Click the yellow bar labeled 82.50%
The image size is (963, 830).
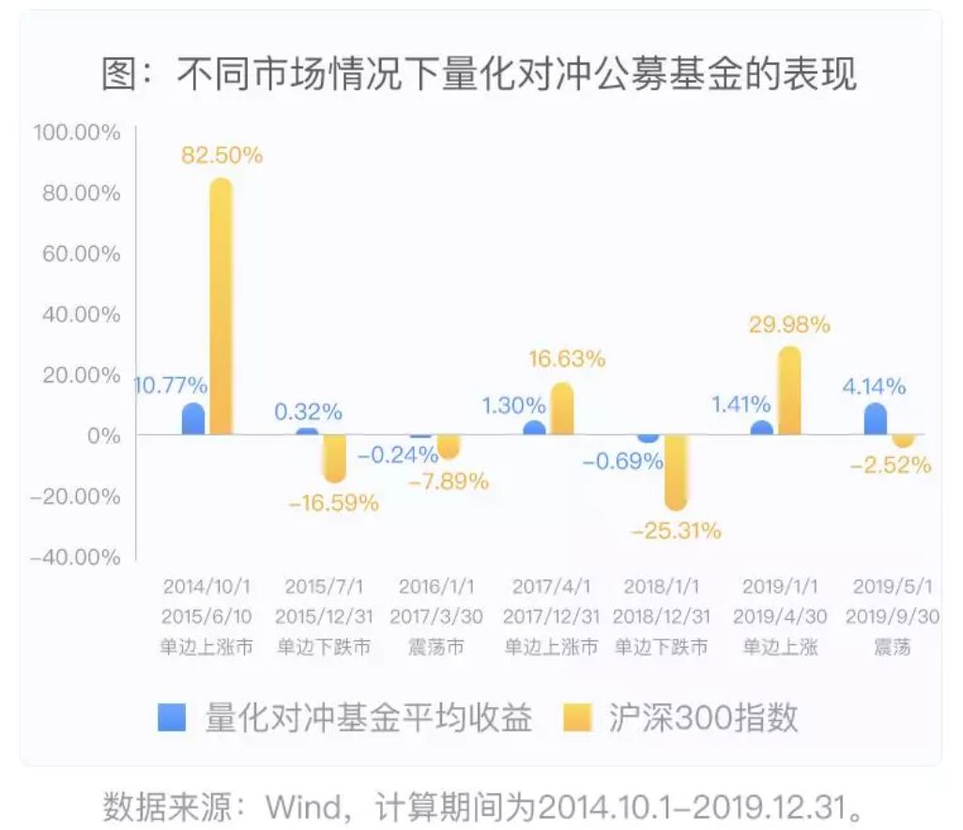pyautogui.click(x=221, y=307)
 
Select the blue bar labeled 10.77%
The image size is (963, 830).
pyautogui.click(x=192, y=419)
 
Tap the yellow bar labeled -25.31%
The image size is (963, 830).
pyautogui.click(x=675, y=472)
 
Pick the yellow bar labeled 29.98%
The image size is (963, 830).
pyautogui.click(x=789, y=391)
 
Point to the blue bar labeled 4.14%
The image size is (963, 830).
pyautogui.click(x=875, y=420)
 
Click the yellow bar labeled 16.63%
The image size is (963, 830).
pyautogui.click(x=561, y=409)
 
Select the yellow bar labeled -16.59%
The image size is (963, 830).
pyautogui.click(x=334, y=458)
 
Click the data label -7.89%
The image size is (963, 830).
pyautogui.click(x=449, y=482)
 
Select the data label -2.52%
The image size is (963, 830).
pyautogui.click(x=892, y=464)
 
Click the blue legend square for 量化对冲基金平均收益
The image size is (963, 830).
pyautogui.click(x=173, y=716)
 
